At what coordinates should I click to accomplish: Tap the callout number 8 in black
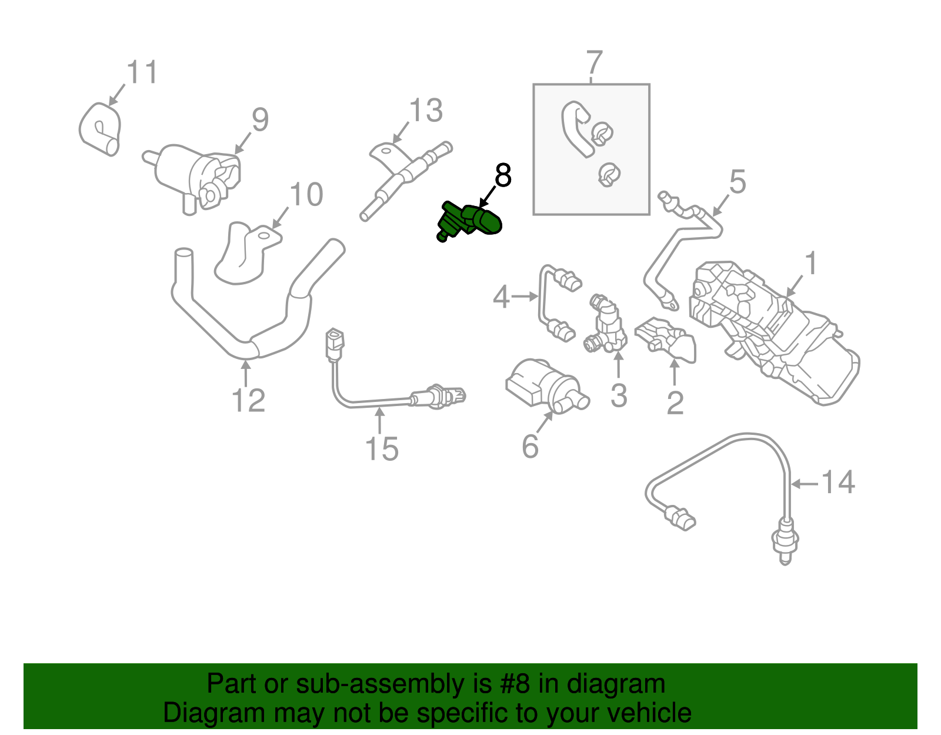click(503, 175)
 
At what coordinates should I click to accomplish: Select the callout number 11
click(143, 72)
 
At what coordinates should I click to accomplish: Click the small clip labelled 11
click(101, 129)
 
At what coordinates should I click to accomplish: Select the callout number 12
click(248, 401)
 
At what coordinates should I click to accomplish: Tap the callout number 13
click(426, 111)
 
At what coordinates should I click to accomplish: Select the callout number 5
click(737, 182)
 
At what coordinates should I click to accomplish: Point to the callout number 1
click(811, 263)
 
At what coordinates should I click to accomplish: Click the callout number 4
click(501, 297)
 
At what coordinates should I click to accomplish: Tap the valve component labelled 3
click(606, 327)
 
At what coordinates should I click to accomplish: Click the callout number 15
click(382, 449)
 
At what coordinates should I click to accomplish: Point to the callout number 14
click(837, 482)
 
